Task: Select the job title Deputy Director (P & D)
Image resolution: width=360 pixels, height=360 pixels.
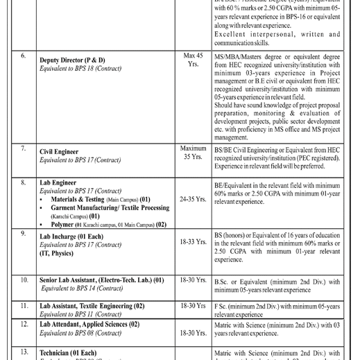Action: (82, 60)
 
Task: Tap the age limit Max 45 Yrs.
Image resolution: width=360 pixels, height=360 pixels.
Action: (193, 59)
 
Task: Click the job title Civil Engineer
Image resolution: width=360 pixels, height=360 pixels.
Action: (59, 151)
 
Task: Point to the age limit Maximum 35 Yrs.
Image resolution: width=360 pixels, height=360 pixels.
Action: (193, 153)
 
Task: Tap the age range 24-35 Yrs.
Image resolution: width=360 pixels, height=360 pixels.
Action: (193, 199)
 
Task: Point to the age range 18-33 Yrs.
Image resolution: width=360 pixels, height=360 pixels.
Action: (193, 242)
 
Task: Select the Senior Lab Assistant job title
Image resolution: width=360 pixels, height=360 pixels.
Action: (101, 280)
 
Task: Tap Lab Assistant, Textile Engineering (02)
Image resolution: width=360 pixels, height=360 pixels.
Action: (92, 305)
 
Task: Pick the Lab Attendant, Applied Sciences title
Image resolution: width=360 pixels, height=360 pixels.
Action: (89, 324)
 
